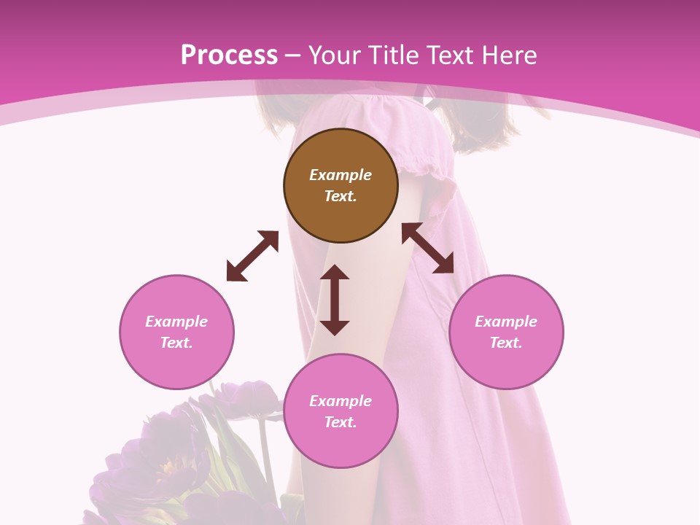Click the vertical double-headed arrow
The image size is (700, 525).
(x=335, y=300)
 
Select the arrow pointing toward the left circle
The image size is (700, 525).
(x=252, y=256)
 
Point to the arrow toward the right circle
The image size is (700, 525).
(x=427, y=248)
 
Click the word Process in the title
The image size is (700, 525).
(x=229, y=55)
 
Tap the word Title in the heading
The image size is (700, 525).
(x=392, y=55)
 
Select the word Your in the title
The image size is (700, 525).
(x=335, y=55)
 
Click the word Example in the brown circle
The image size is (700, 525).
(x=341, y=175)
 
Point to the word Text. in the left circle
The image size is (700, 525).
(x=176, y=343)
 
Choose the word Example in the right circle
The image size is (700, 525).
(x=506, y=322)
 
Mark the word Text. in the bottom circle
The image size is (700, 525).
(x=341, y=422)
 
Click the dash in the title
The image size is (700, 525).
(x=293, y=55)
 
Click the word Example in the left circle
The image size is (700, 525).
(x=176, y=322)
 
